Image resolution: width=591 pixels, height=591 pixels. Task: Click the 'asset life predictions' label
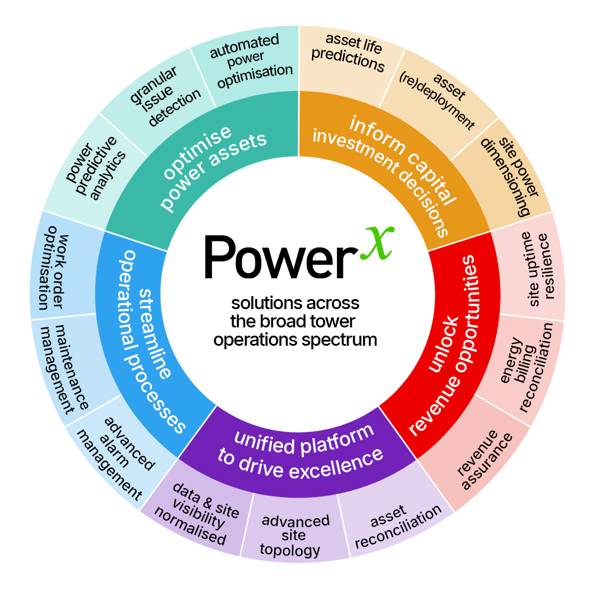tap(349, 53)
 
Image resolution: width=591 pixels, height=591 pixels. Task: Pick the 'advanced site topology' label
tap(295, 535)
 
